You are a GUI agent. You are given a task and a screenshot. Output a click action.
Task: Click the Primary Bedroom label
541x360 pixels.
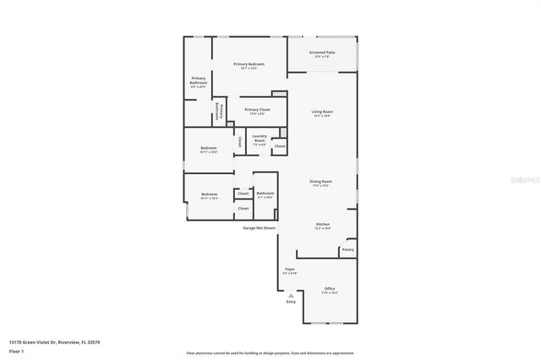[x=249, y=65]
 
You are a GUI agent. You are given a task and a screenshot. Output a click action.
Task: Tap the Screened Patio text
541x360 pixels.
[x=322, y=52]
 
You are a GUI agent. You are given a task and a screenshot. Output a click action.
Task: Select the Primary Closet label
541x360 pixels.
[x=257, y=110]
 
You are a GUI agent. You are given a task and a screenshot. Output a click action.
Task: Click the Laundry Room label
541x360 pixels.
[x=260, y=140]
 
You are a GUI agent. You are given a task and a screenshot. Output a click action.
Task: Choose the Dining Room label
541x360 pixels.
[x=320, y=182]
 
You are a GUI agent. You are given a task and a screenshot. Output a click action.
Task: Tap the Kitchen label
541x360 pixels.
[x=323, y=225]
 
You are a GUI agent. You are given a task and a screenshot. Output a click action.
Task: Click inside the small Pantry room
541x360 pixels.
[x=347, y=249]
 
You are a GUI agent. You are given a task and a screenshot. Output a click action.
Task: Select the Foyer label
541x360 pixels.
[x=289, y=270]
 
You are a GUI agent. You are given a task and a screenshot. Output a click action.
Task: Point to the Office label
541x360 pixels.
[x=330, y=289]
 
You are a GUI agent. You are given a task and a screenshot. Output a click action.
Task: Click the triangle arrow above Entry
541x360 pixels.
[x=291, y=295]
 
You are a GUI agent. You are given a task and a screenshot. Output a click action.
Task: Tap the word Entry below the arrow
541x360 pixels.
[x=291, y=302]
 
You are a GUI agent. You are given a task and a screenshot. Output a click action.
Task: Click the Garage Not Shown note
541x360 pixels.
[x=260, y=227]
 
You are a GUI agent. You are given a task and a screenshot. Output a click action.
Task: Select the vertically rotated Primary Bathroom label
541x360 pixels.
[x=220, y=111]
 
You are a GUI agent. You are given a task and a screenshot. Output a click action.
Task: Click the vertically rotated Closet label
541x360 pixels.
[x=239, y=141]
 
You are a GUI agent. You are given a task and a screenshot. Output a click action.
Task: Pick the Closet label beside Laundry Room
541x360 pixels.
[x=279, y=146]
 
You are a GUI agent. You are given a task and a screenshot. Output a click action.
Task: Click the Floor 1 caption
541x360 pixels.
[x=16, y=351]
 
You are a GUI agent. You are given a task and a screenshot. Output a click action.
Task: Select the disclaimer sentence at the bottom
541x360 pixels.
[x=271, y=352]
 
